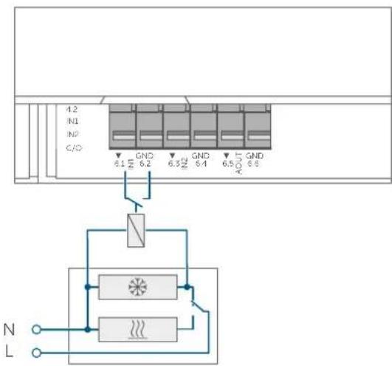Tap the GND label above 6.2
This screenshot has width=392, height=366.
tap(144, 157)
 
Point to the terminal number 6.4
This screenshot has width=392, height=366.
tap(200, 164)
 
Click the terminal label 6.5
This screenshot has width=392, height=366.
tap(227, 164)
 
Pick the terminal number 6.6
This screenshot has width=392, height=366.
tap(255, 164)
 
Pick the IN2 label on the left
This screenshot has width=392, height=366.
tap(72, 134)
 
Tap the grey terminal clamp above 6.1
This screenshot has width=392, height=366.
tap(123, 128)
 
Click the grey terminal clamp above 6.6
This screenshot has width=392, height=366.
tap(255, 128)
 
